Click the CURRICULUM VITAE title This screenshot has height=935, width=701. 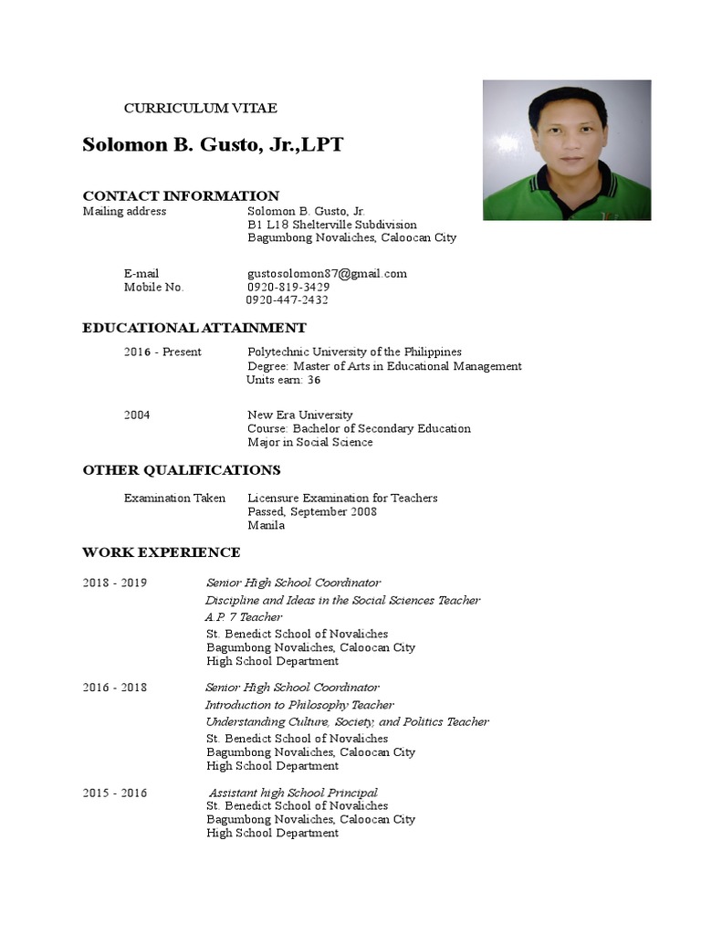point(200,109)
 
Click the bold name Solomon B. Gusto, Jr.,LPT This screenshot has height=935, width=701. point(213,145)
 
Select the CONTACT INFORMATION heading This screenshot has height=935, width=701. point(181,196)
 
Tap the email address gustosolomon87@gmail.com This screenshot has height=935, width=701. point(327,274)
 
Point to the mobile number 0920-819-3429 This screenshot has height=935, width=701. point(288,287)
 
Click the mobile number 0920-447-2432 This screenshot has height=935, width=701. point(288,300)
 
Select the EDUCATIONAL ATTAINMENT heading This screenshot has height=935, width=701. point(194,328)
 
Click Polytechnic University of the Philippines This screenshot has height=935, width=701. point(354,352)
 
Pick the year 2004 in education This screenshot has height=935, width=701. point(137,415)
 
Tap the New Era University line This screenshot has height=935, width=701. point(300,415)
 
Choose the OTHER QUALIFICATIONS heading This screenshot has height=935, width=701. point(182,470)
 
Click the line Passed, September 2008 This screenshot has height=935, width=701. point(312,512)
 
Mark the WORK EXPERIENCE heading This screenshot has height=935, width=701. point(162,552)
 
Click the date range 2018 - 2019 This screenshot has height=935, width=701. point(114,583)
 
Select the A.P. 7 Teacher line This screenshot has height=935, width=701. point(244,617)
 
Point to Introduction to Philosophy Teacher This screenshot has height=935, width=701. point(299,705)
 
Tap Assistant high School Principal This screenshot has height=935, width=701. point(293,793)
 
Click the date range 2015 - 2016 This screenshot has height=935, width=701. point(114,793)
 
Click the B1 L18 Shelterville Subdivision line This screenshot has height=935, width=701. point(332,225)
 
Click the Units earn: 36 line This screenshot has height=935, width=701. point(284,381)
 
